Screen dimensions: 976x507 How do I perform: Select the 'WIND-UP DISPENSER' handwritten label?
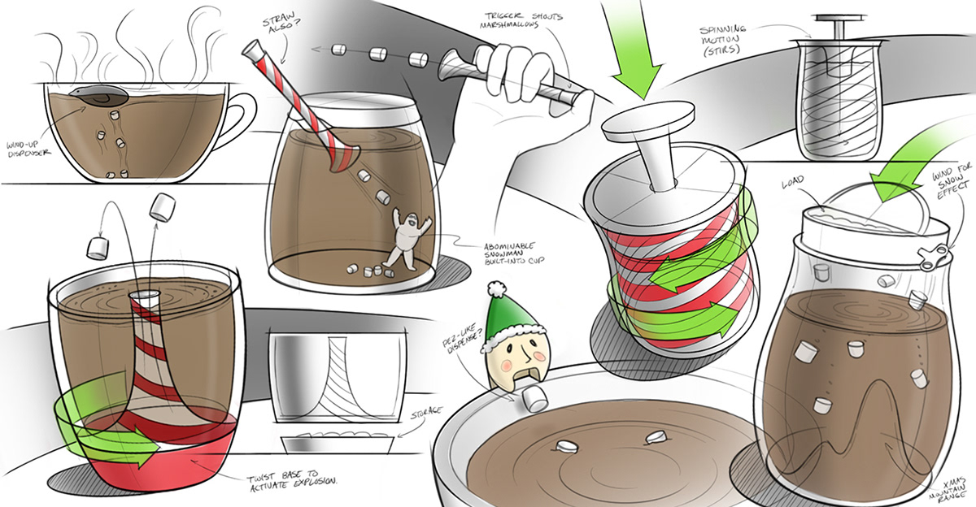(x=28, y=149)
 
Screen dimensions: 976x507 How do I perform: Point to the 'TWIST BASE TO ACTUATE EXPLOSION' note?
(x=292, y=480)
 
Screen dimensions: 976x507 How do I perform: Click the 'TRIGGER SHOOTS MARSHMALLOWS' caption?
(x=521, y=20)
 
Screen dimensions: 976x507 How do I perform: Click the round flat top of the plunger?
(x=647, y=121)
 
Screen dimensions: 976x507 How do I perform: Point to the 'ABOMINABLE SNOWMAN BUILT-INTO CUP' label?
(x=513, y=254)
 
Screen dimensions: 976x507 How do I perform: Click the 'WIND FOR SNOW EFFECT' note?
(x=952, y=183)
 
